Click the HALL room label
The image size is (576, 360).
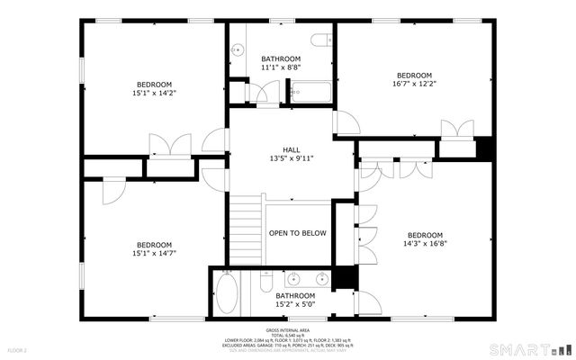[x=291, y=150]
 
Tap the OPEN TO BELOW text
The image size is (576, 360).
[x=297, y=233]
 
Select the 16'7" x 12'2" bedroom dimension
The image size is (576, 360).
[x=414, y=85]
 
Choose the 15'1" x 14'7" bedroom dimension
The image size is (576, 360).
[x=154, y=253]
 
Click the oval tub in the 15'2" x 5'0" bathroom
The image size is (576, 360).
[x=226, y=293]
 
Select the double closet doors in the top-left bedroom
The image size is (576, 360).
[x=169, y=144]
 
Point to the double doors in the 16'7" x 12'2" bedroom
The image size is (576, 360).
[x=456, y=128]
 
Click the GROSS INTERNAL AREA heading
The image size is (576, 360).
[x=288, y=330]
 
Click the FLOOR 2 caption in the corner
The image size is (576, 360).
[x=18, y=349]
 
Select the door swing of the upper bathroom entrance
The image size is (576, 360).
[x=266, y=93]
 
